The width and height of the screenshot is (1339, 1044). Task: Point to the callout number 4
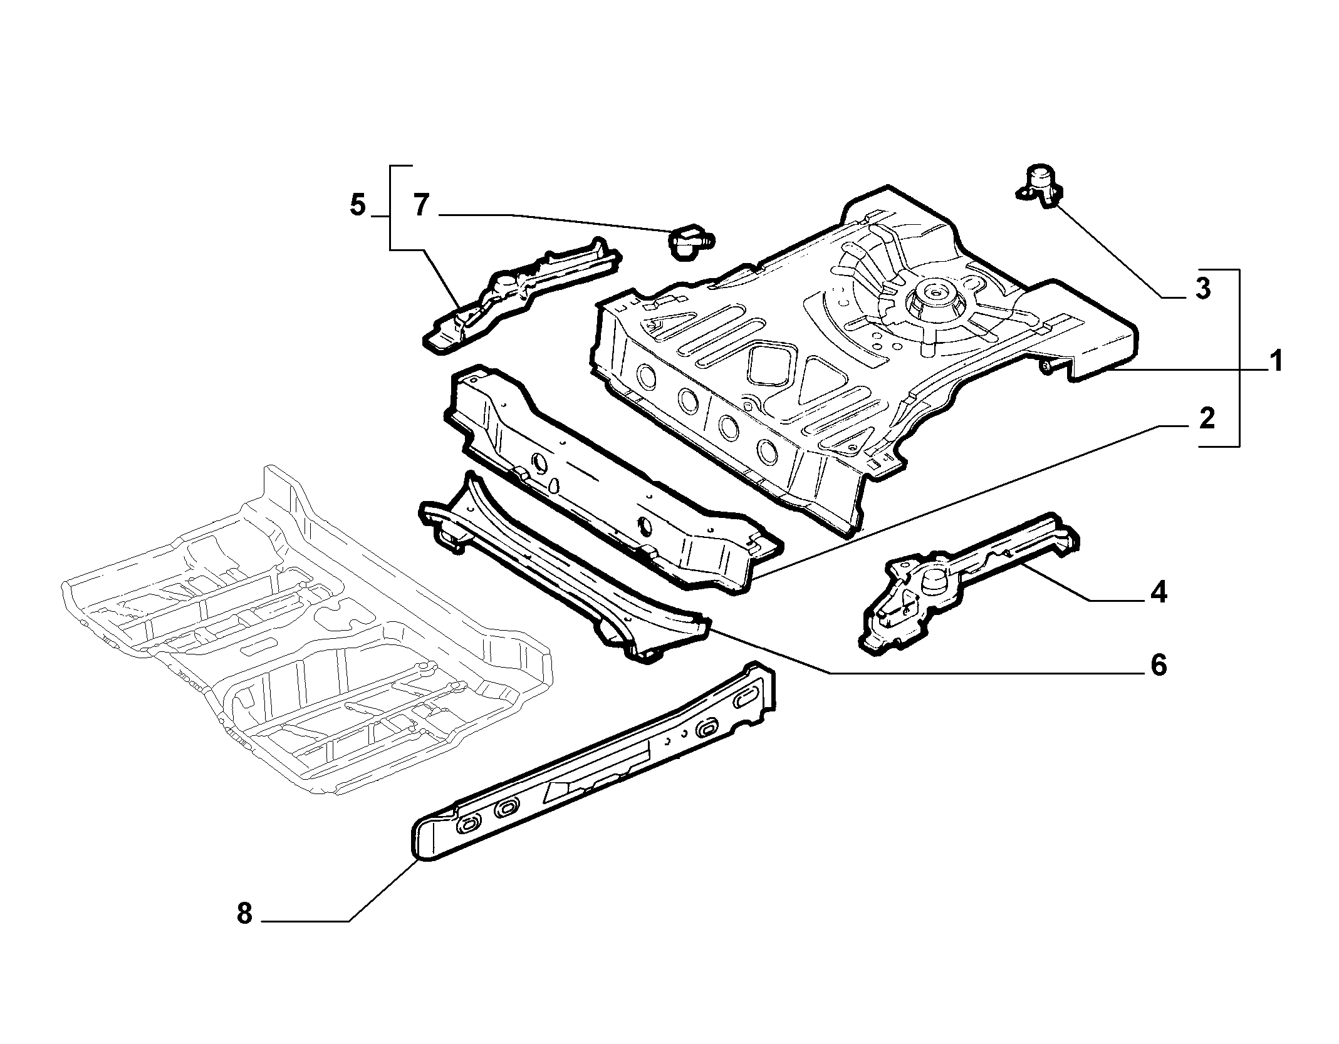1158,592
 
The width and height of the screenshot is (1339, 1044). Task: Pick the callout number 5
357,205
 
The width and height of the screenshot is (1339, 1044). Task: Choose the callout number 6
1158,665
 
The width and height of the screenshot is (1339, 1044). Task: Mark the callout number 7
421,205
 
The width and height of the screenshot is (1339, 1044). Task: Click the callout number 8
244,914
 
